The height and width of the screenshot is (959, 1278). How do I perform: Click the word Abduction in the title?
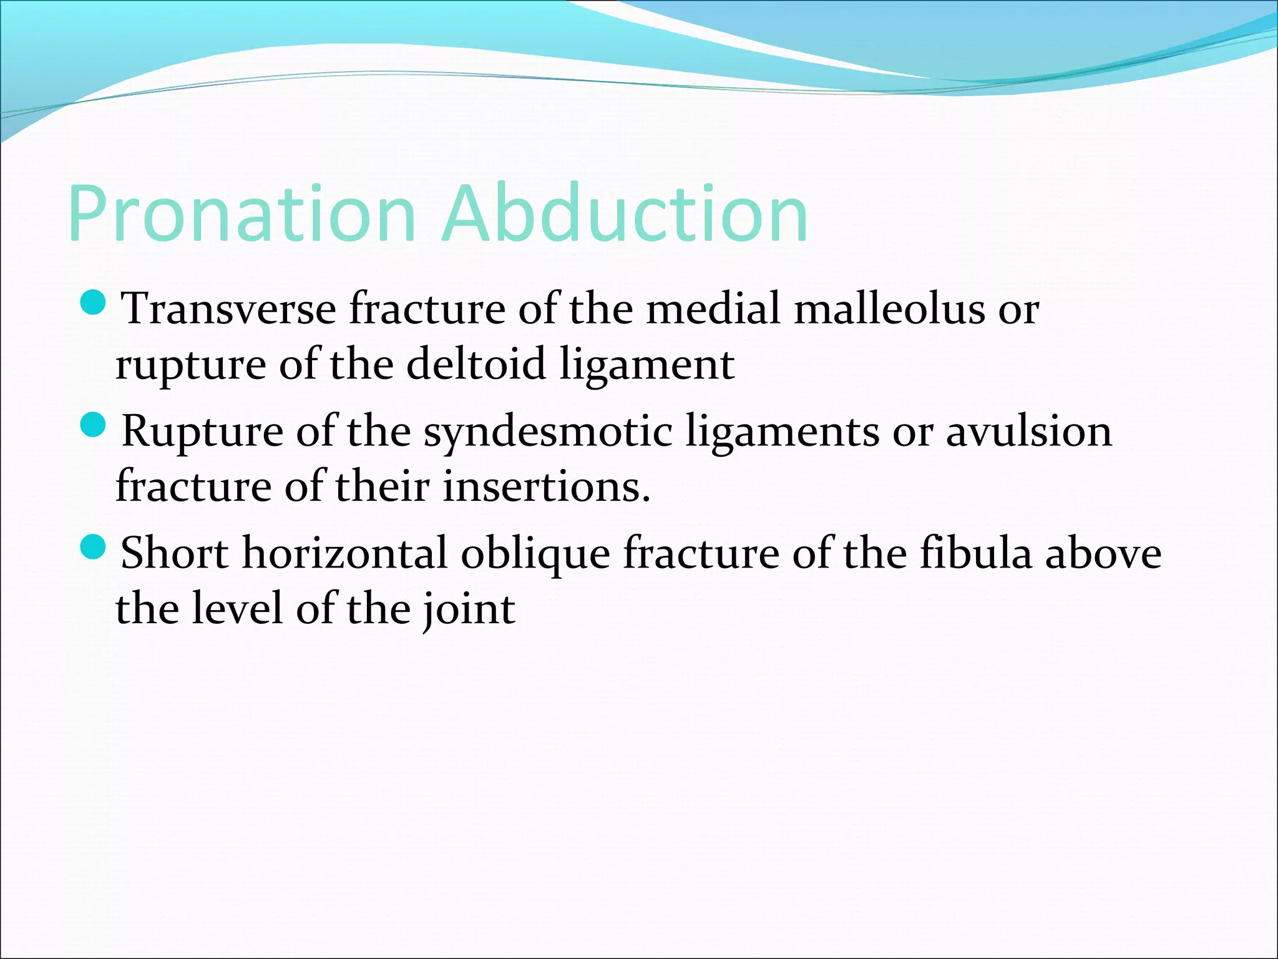coord(625,214)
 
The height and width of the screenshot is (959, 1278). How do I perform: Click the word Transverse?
coord(228,308)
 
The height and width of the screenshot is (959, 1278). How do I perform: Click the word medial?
coord(713,308)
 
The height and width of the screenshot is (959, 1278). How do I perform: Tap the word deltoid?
coord(476,364)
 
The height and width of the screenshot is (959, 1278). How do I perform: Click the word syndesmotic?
coord(548,432)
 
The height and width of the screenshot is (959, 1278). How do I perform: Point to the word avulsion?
coord(1029,431)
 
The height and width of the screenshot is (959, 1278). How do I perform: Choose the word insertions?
coord(547,486)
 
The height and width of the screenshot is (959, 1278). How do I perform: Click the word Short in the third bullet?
coord(174,553)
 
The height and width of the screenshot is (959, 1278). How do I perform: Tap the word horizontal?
coord(344,553)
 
